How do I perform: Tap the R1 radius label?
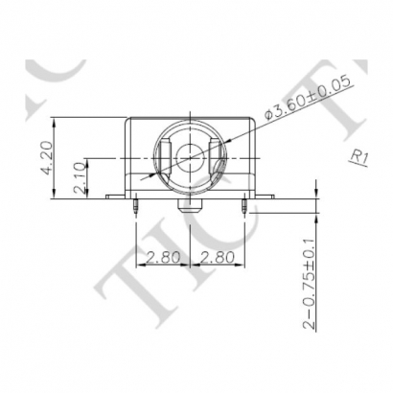point(359,156)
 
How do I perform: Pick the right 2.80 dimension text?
point(220,257)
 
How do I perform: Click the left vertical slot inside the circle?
point(164,153)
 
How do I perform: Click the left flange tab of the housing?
point(115,196)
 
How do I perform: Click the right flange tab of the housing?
point(267,196)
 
